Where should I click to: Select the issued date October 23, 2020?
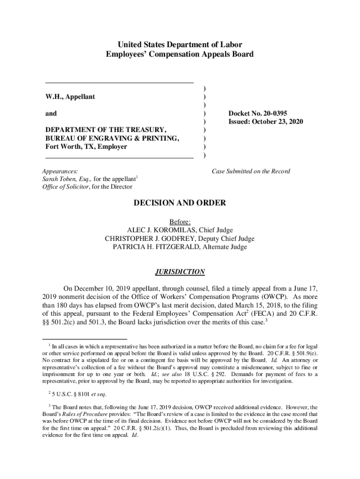tap(266, 122)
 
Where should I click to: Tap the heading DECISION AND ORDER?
tap(180, 203)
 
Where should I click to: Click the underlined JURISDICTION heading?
tap(180, 272)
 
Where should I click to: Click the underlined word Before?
tap(180, 221)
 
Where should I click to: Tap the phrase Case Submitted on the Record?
tap(251, 171)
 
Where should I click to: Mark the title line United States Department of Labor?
tap(180, 45)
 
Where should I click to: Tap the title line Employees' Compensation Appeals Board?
tap(180, 54)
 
